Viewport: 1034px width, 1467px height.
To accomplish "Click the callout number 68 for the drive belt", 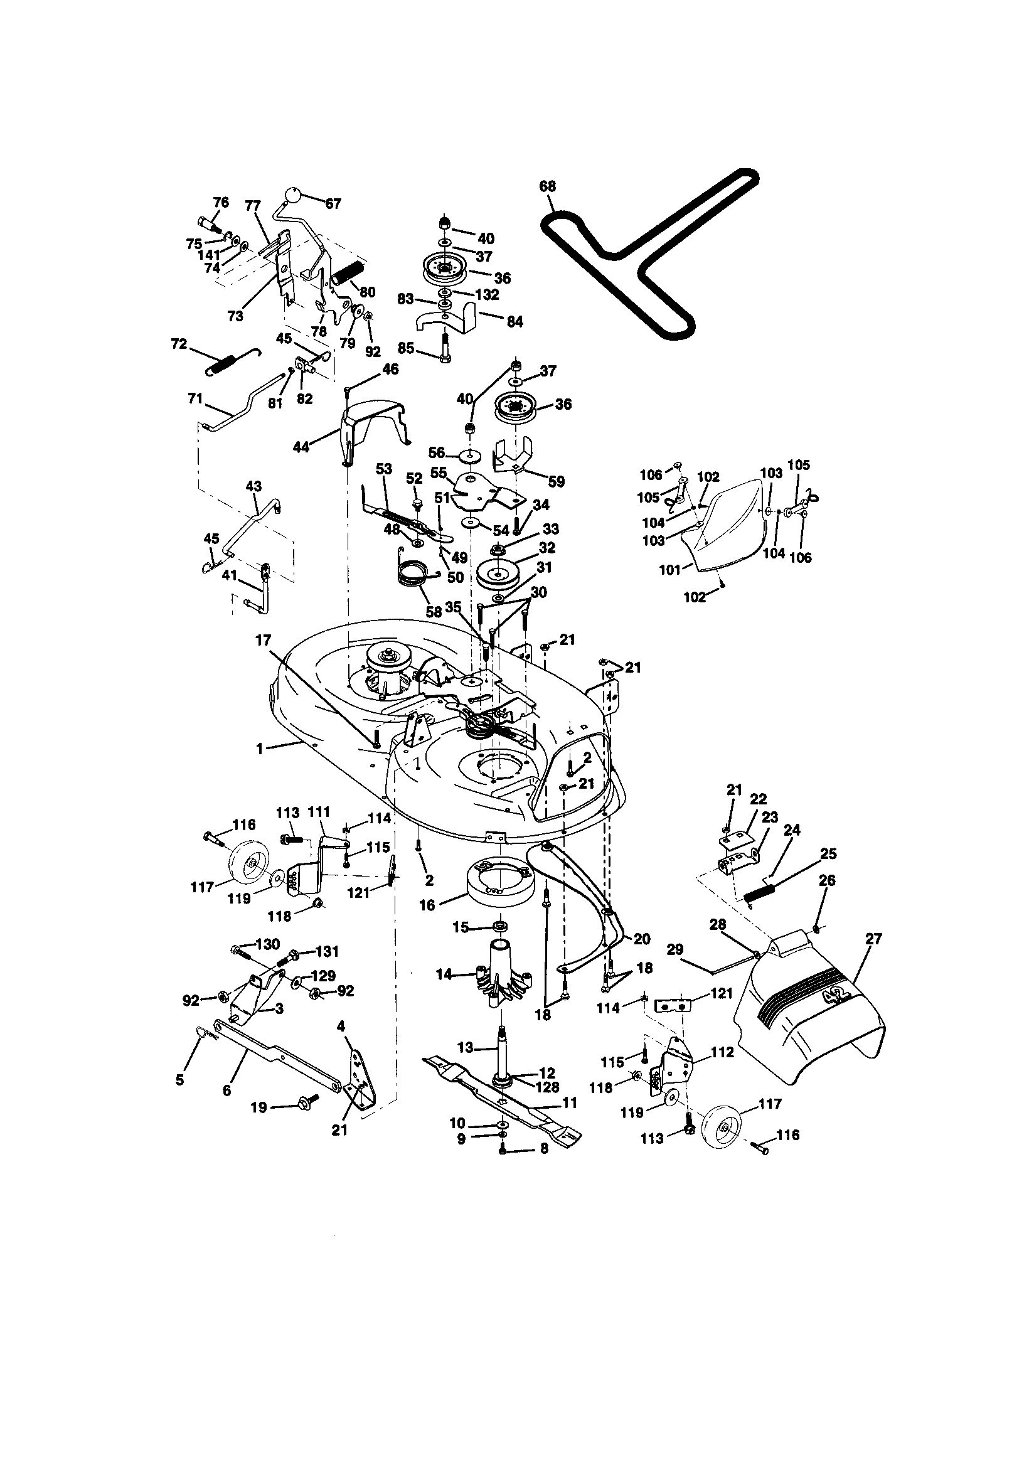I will (x=548, y=186).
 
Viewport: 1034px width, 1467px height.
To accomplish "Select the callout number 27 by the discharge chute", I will (x=873, y=939).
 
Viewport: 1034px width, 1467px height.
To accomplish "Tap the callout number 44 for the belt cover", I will (x=301, y=447).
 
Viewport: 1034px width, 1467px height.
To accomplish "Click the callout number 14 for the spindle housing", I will (x=444, y=974).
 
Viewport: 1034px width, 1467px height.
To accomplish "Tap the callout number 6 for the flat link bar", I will (x=227, y=1091).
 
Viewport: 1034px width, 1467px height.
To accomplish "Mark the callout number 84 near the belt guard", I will (x=514, y=322).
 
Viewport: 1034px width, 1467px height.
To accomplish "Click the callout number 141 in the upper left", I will (x=208, y=255).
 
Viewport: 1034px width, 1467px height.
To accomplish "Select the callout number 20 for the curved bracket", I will (x=642, y=939).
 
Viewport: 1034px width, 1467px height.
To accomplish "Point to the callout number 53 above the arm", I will (x=383, y=469).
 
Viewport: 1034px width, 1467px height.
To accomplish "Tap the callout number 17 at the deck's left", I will (x=264, y=639).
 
